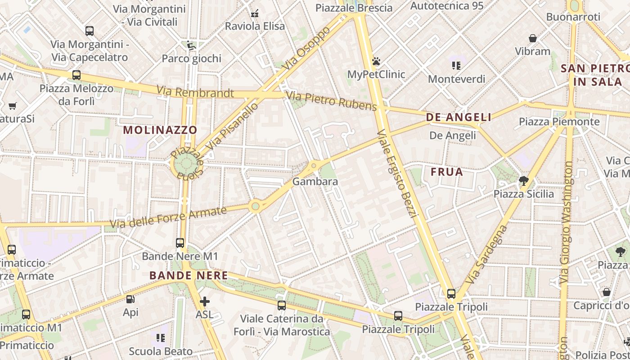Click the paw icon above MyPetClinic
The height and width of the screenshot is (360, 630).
click(376, 61)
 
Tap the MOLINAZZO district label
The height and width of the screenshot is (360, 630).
click(160, 130)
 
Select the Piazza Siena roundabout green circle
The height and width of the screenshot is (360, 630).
click(186, 165)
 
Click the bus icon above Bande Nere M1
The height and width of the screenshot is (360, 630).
click(180, 243)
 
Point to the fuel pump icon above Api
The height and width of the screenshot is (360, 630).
click(130, 299)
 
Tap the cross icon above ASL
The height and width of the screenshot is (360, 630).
click(205, 301)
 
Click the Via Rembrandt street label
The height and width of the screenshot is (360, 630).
click(195, 92)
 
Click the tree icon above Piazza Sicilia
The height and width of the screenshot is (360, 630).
click(523, 181)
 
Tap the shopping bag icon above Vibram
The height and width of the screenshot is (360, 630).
click(533, 38)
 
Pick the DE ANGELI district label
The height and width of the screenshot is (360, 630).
click(459, 117)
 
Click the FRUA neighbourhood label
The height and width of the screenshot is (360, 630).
click(447, 172)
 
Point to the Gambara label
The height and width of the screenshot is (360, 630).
click(315, 182)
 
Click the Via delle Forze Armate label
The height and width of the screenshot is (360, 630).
click(168, 216)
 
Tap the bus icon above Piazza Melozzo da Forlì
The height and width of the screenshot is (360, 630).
click(76, 75)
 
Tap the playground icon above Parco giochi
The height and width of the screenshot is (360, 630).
click(191, 45)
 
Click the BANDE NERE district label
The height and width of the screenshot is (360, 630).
click(189, 275)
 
